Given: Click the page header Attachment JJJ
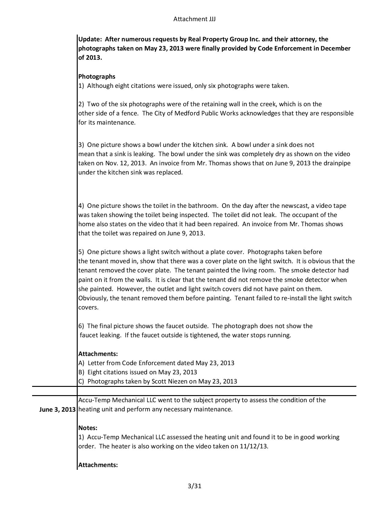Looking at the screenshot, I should coord(194,19).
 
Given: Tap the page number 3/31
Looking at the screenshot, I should coord(195,486).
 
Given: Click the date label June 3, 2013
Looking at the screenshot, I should coord(57,410).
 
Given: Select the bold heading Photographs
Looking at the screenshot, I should coord(97,77).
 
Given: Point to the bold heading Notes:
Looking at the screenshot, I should coord(88,428).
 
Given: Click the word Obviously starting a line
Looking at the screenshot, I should coord(93,298).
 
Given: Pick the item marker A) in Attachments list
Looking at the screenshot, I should coord(81,363).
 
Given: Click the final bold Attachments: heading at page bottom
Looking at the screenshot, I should coord(98,465).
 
